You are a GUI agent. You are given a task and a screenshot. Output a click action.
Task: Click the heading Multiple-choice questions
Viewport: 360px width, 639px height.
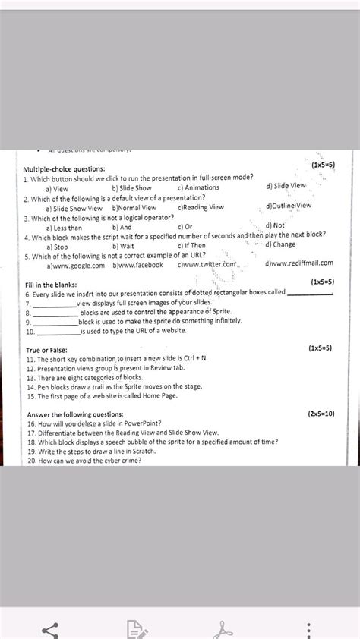(x=65, y=168)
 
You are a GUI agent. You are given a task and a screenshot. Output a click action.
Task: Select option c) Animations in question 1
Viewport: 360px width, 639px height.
(x=198, y=187)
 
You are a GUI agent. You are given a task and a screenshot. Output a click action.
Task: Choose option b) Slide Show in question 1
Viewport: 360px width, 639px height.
(x=132, y=188)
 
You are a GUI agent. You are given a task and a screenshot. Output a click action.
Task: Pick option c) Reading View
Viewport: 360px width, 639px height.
(x=201, y=207)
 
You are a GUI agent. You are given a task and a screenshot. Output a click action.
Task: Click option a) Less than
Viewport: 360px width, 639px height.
(x=65, y=227)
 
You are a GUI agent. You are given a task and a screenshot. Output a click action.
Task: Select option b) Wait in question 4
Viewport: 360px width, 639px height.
(x=123, y=246)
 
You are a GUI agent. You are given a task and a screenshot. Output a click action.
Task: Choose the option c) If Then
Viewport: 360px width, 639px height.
(x=191, y=246)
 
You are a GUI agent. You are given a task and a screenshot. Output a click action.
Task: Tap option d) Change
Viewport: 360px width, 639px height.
(x=280, y=244)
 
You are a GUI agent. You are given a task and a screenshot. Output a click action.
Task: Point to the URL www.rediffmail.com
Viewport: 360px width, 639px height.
(x=300, y=263)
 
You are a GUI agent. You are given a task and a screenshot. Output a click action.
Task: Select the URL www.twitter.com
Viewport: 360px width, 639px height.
(x=208, y=265)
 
